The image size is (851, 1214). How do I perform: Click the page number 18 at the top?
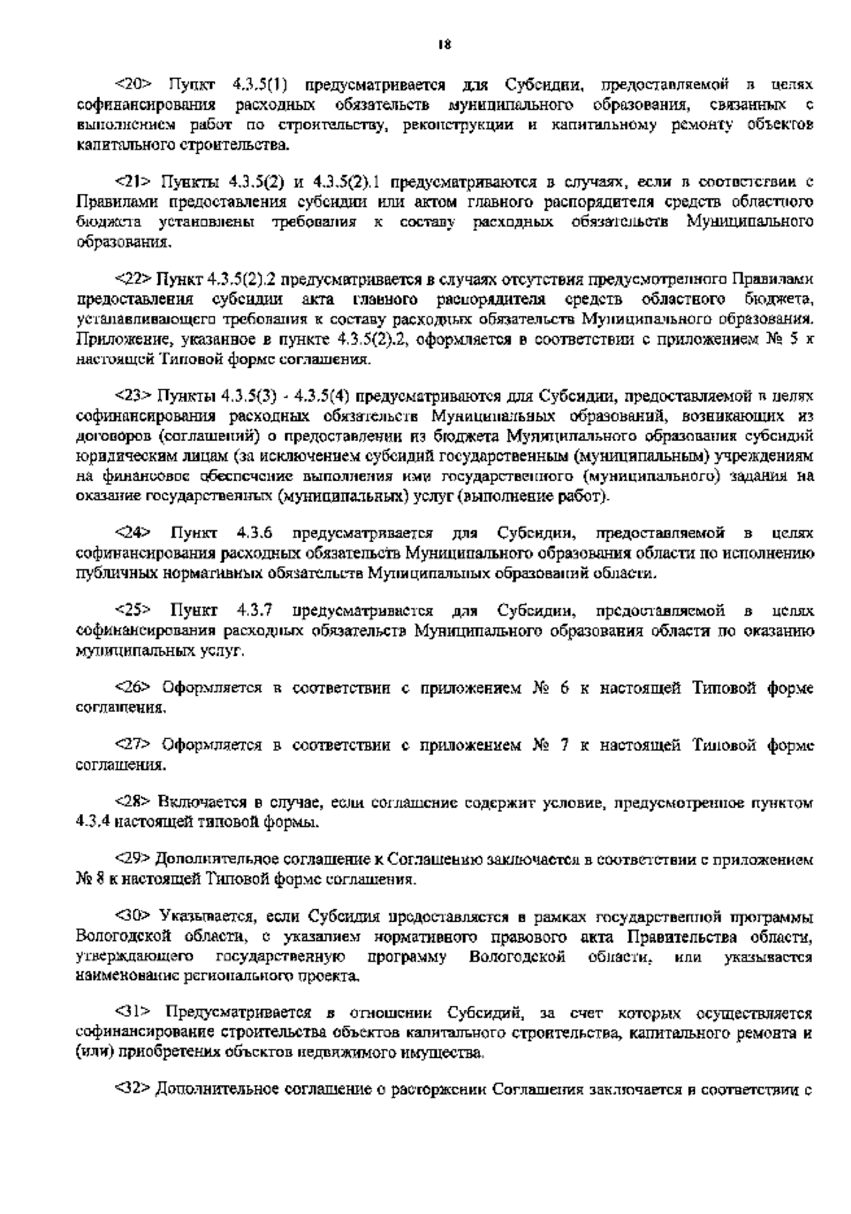click(x=443, y=45)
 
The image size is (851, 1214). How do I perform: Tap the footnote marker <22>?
click(x=133, y=277)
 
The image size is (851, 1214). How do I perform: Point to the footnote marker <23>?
click(x=133, y=394)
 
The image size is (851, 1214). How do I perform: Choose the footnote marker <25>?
click(x=133, y=610)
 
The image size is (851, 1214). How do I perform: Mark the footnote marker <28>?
click(x=133, y=803)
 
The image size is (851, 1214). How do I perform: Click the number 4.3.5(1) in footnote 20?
click(x=259, y=86)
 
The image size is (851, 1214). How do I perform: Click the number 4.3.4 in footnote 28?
click(x=91, y=823)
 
